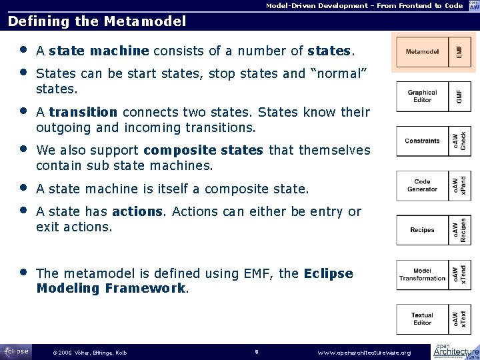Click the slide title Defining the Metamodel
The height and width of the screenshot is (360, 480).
coord(97,21)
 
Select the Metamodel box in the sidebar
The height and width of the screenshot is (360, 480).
coord(422,51)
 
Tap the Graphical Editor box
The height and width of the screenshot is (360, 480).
coord(422,96)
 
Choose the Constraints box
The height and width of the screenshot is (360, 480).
coord(422,141)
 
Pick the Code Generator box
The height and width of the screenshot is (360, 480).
coord(422,185)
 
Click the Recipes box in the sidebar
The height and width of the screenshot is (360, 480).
coord(422,230)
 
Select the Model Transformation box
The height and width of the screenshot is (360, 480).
coord(422,275)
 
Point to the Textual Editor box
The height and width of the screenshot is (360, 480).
coord(422,319)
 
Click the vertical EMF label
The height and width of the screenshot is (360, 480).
coord(458,51)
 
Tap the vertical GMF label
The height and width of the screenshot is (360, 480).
coord(458,96)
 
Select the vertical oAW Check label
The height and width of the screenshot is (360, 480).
coord(459,141)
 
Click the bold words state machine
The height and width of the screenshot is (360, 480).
coord(99,51)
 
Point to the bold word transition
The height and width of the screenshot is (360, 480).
coord(83,112)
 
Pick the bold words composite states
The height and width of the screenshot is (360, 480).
coord(203,151)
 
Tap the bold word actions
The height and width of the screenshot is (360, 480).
coord(137,212)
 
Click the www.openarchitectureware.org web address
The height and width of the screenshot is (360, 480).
coord(364,352)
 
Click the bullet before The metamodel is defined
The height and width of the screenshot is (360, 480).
coord(23,273)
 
